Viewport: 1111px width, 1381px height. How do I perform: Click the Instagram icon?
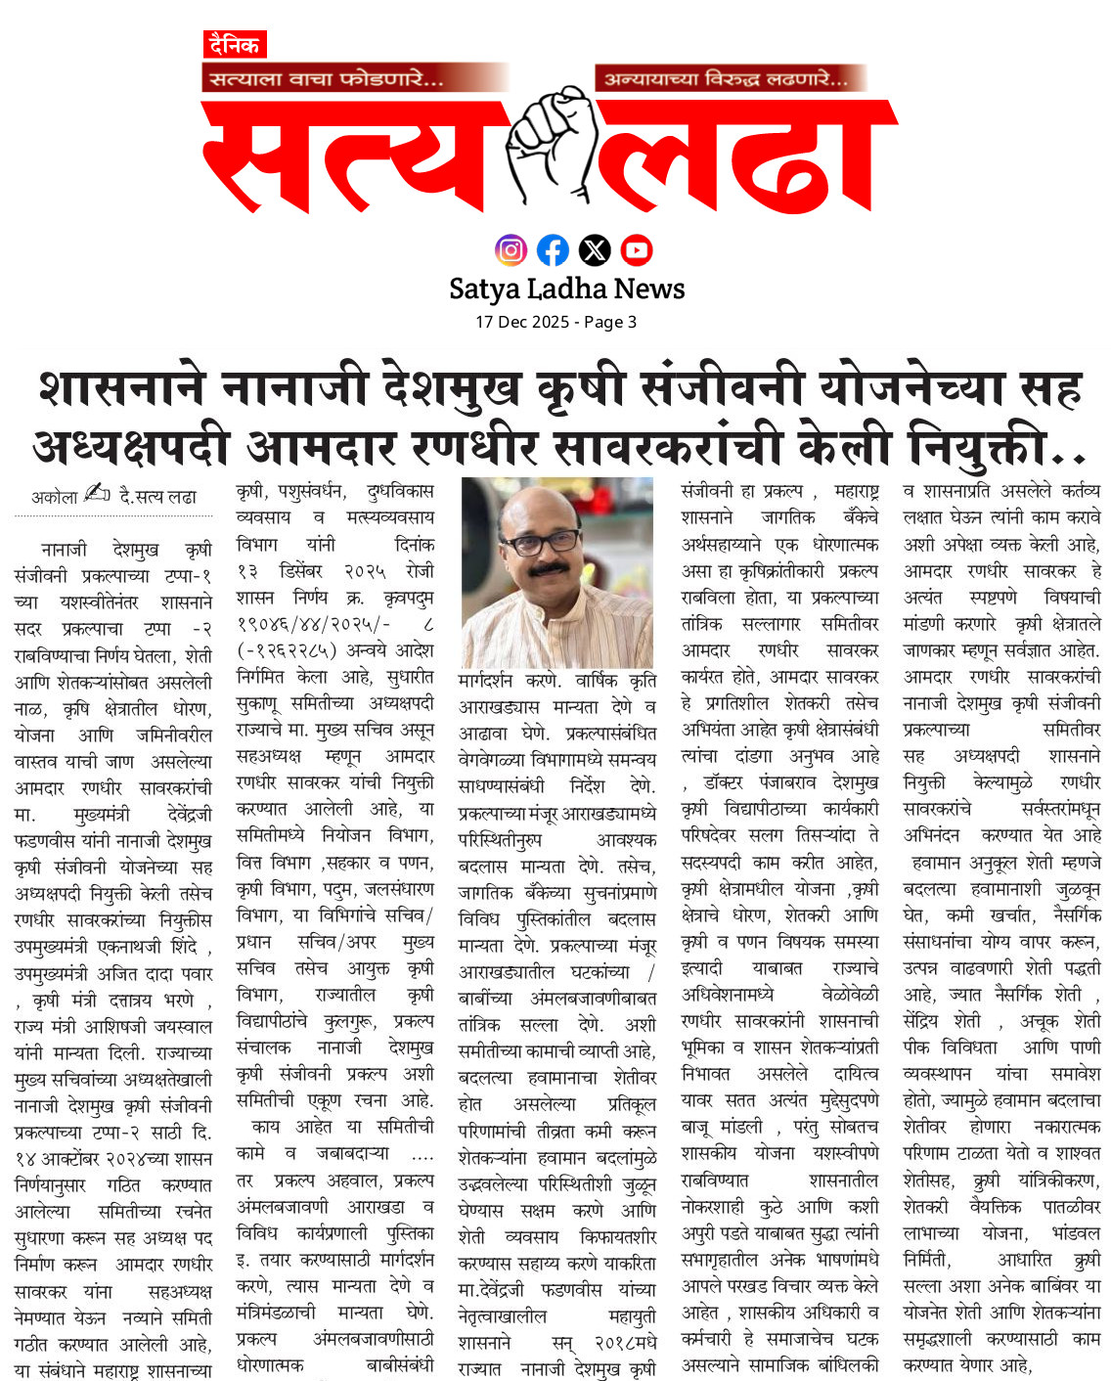click(511, 250)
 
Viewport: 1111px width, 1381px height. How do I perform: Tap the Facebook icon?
click(553, 250)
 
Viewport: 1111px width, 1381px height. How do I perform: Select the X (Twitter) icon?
click(595, 250)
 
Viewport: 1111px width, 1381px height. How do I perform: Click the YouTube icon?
click(637, 250)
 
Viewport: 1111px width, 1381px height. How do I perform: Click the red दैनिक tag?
click(235, 45)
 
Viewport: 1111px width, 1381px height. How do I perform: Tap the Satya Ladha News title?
click(566, 289)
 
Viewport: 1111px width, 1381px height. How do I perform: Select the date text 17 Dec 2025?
click(521, 322)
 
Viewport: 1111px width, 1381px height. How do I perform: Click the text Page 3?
click(610, 322)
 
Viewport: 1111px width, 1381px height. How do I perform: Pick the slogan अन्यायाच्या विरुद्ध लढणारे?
click(726, 78)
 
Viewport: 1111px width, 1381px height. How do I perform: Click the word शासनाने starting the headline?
click(122, 388)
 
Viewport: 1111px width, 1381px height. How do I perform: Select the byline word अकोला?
click(54, 498)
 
